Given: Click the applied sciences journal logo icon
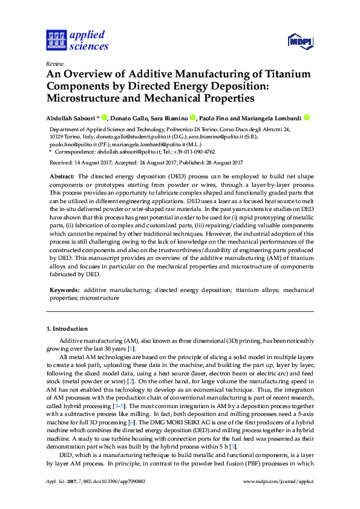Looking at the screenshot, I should (x=56, y=41).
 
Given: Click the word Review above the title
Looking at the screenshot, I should (x=54, y=63).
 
